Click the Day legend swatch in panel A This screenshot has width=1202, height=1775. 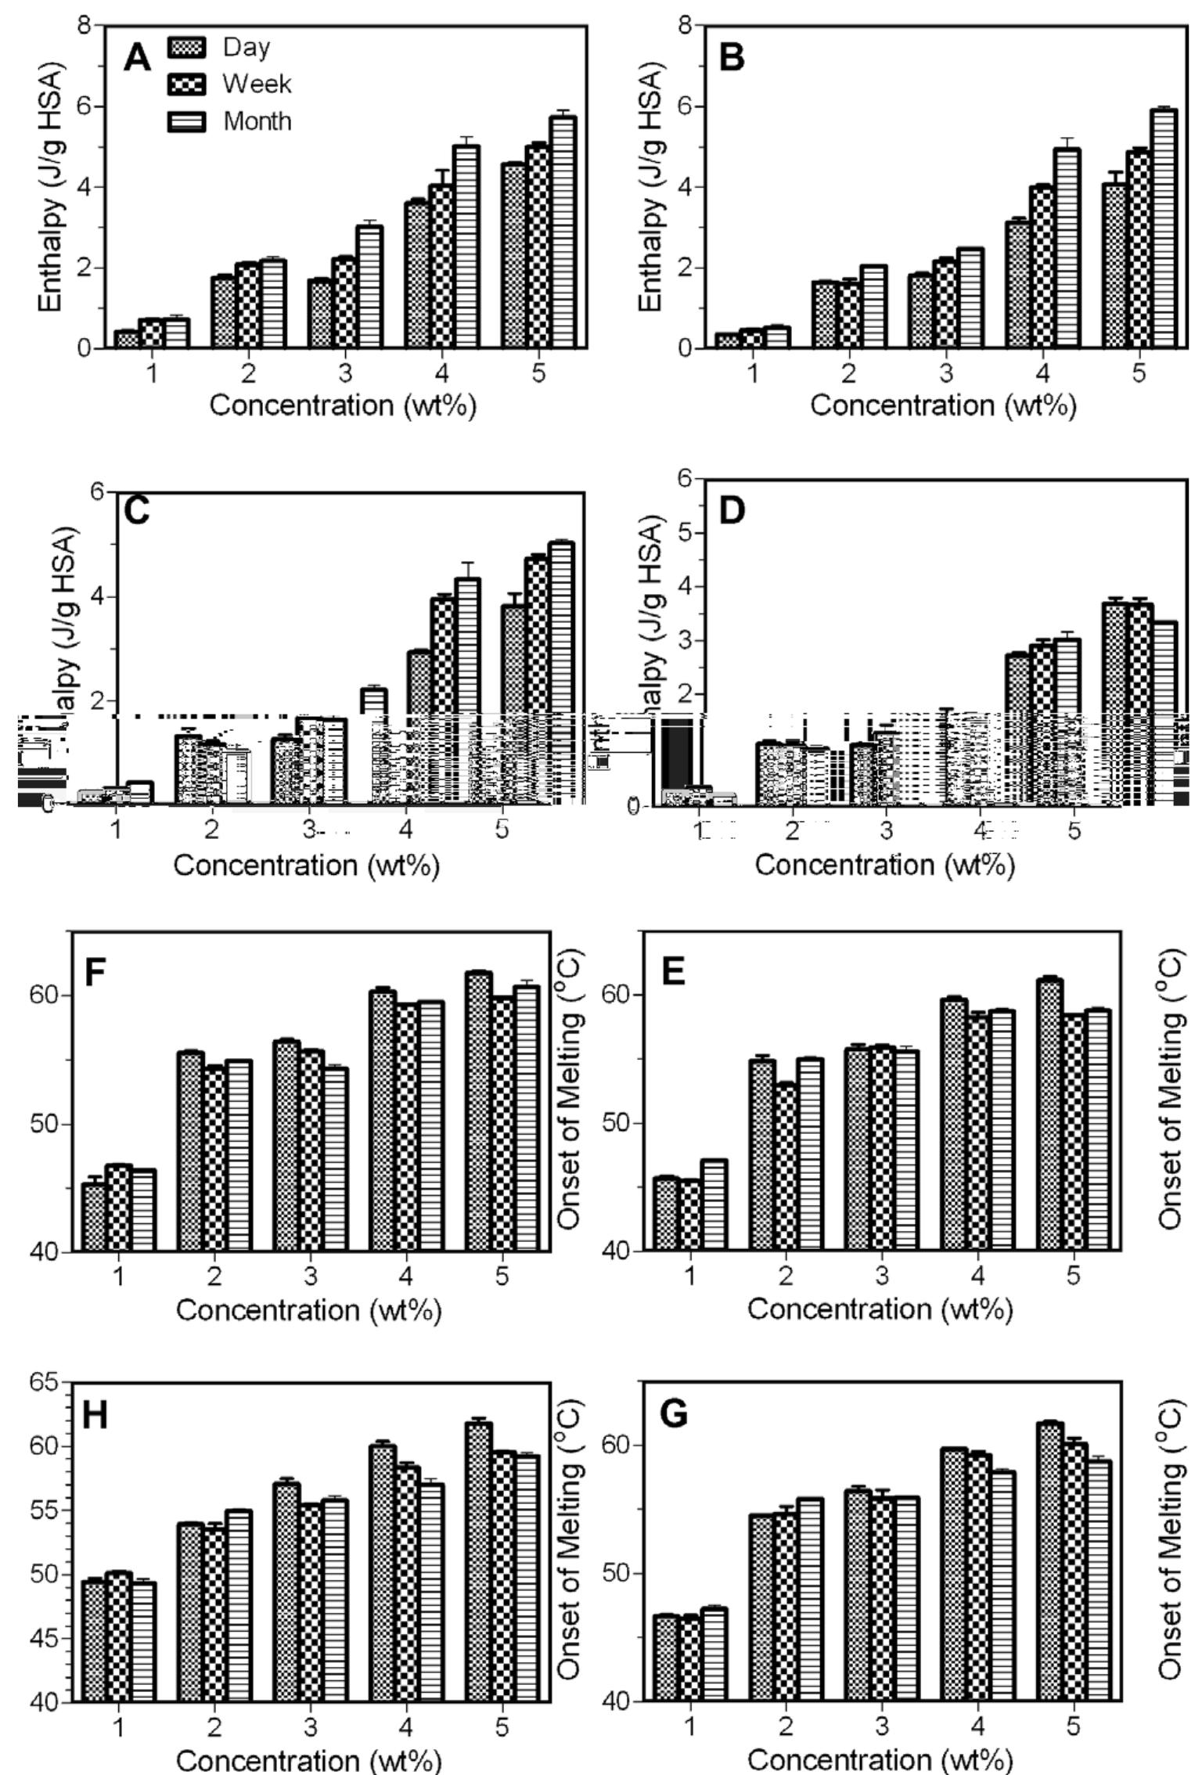[186, 48]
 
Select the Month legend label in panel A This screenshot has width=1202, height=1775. [257, 121]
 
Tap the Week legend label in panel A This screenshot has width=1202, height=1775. [257, 84]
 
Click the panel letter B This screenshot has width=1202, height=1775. [732, 58]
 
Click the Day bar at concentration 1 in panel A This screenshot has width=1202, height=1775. [126, 340]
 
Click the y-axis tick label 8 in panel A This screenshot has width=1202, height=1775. [85, 26]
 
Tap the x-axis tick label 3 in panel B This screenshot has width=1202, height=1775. [946, 373]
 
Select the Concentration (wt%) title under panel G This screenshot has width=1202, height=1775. [881, 1759]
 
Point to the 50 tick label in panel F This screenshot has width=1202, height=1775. [51, 1124]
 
